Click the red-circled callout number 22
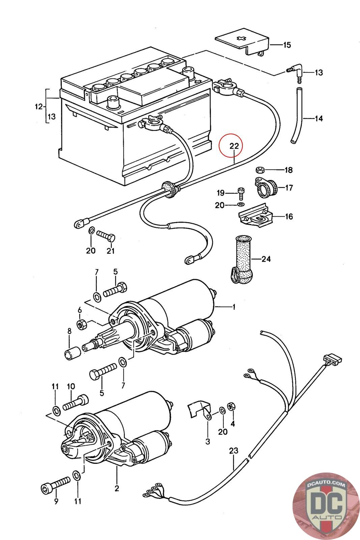coord(234,146)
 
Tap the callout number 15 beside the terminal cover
coord(286,45)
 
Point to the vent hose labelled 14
coord(297,116)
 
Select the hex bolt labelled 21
coord(106,236)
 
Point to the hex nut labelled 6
coord(82,324)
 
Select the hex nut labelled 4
coord(231,406)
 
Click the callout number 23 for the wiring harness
coord(233,451)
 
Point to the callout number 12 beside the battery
coord(39,107)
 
